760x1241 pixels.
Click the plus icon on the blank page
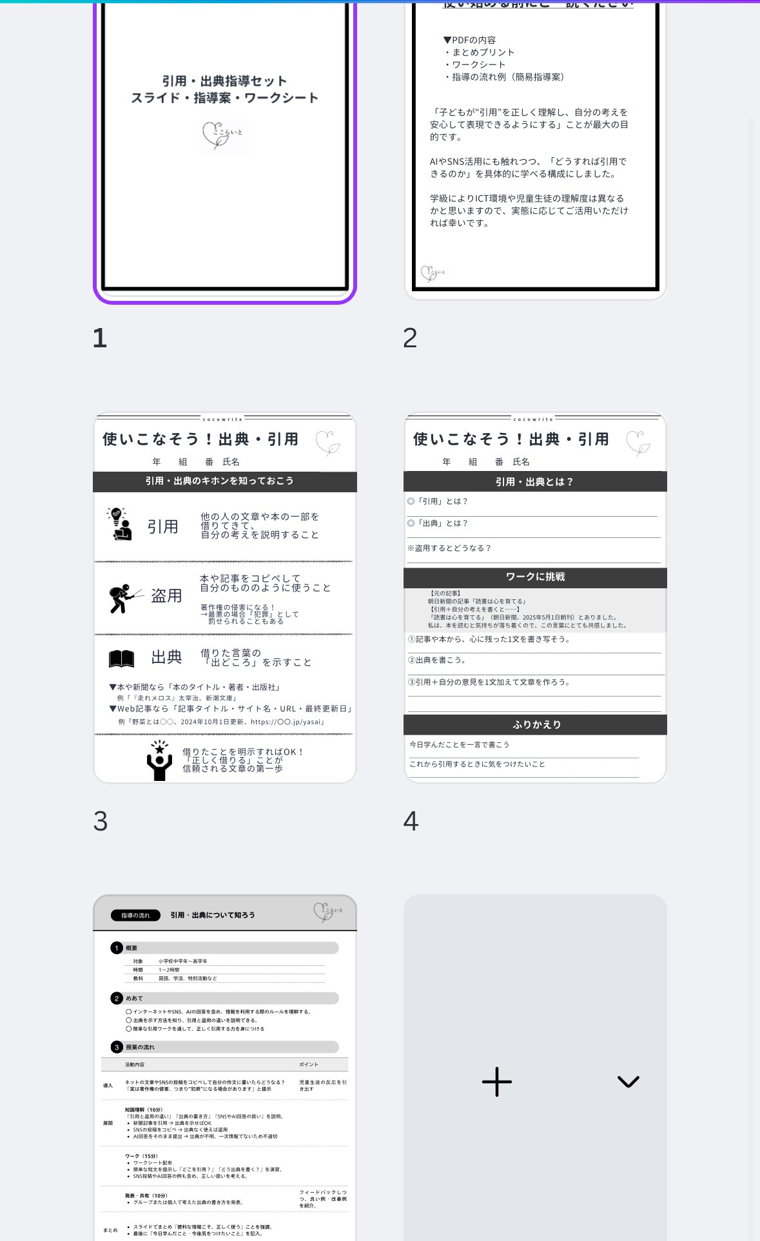point(496,1082)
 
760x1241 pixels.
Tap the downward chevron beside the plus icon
point(628,1082)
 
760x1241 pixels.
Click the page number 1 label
point(100,338)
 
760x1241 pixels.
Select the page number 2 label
point(410,338)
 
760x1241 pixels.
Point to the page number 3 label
point(101,821)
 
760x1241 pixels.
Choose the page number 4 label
point(411,821)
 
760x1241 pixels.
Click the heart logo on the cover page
point(222,135)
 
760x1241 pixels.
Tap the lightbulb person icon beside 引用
point(119,524)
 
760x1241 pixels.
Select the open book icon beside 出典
point(121,658)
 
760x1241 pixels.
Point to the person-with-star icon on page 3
point(159,760)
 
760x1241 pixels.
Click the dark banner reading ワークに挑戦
point(535,577)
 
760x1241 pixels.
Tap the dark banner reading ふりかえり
point(535,725)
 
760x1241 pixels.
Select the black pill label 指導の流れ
point(135,915)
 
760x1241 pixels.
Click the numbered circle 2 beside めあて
point(117,998)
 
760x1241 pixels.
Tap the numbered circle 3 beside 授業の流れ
point(117,1047)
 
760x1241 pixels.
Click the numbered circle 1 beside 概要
point(117,948)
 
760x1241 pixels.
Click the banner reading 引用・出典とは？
point(535,482)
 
